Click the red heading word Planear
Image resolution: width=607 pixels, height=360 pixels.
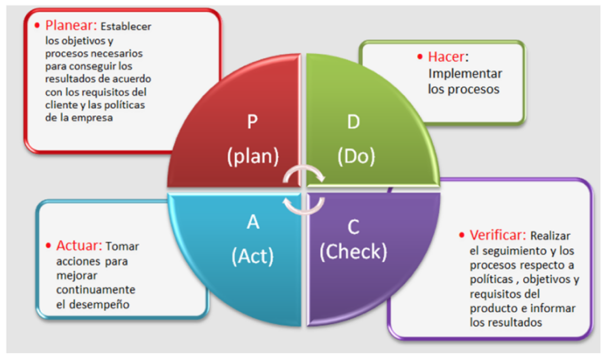tap(71, 25)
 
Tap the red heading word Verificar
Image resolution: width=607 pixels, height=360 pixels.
tap(498, 235)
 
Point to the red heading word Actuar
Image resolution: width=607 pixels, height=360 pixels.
tap(79, 246)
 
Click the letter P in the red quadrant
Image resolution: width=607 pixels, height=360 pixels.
tap(252, 122)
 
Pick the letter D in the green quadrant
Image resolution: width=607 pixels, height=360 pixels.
tap(354, 122)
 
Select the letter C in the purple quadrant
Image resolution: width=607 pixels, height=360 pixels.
tap(354, 227)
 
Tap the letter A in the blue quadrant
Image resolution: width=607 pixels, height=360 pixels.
tap(253, 222)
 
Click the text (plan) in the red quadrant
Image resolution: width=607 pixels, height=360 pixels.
tap(253, 157)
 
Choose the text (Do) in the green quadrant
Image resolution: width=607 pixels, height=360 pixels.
tap(357, 157)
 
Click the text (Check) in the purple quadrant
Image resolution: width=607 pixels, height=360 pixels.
tap(354, 252)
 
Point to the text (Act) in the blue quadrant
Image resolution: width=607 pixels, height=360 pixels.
tap(252, 256)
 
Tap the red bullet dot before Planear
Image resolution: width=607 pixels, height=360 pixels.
tap(37, 25)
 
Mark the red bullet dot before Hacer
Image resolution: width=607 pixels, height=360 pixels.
tap(420, 56)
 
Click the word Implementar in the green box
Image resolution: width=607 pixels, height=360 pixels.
tap(465, 74)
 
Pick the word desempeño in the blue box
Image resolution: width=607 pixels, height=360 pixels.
tap(99, 305)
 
